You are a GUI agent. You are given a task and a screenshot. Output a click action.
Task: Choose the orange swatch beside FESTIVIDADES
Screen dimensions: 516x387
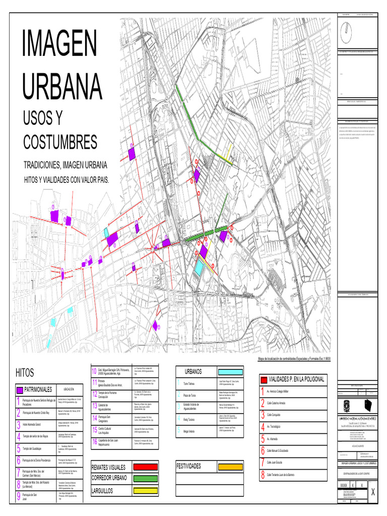pyautogui.click(x=229, y=467)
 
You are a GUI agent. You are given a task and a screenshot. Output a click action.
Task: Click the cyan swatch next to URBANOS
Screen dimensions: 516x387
pyautogui.click(x=229, y=371)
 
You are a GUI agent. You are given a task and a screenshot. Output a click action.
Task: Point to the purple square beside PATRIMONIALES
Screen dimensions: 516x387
pyautogui.click(x=20, y=390)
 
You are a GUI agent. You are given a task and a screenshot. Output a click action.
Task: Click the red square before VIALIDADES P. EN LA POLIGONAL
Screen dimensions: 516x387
pyautogui.click(x=264, y=379)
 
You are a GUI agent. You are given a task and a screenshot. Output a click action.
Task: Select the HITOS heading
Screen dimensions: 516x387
pyautogui.click(x=25, y=373)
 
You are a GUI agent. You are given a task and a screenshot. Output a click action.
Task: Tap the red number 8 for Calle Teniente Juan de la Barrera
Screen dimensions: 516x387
pyautogui.click(x=263, y=475)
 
